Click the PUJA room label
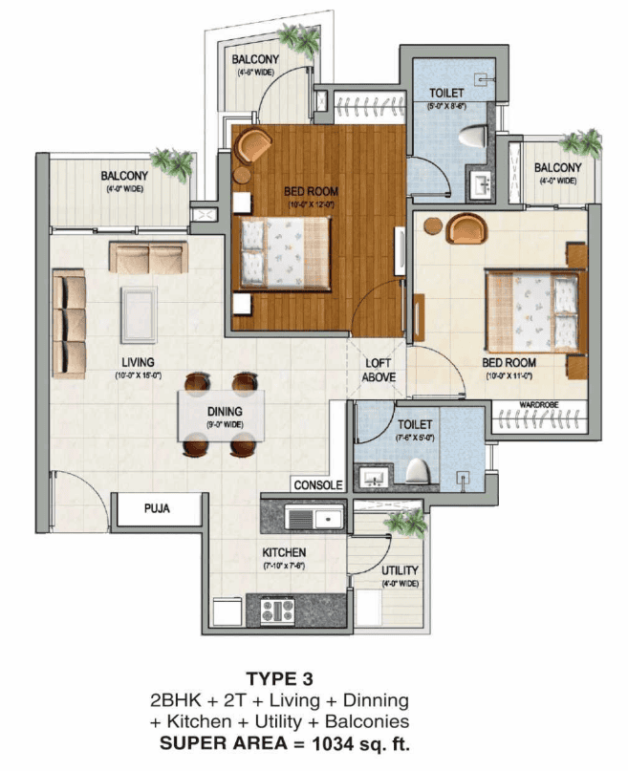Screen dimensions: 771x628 point(157,508)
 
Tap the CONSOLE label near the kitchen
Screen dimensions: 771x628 point(318,485)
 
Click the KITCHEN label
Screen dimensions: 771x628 point(284,552)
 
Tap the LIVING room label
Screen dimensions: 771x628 point(139,361)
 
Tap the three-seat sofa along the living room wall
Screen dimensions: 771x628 point(69,322)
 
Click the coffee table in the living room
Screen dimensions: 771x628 point(139,313)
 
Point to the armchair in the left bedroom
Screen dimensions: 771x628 point(254,145)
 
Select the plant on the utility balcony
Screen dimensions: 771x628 point(408,524)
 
